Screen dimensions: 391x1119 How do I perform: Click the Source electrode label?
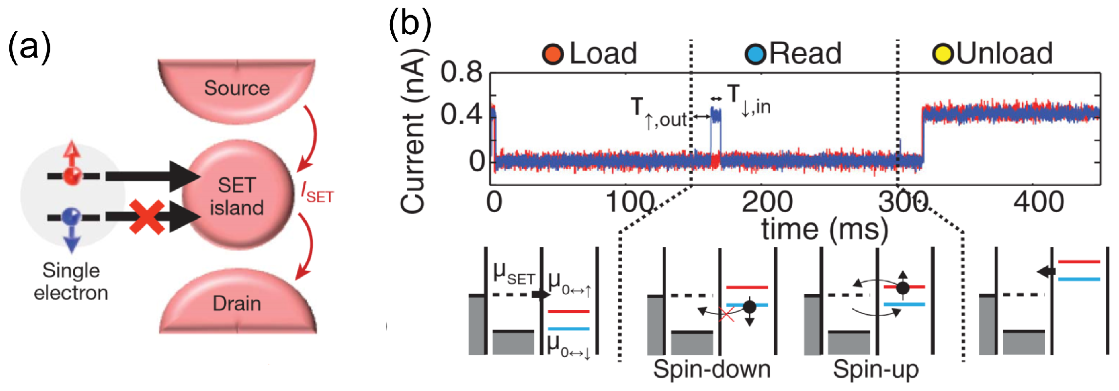point(236,88)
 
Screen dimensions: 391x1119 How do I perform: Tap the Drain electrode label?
point(236,304)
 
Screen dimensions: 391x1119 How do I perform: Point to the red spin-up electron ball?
point(73,175)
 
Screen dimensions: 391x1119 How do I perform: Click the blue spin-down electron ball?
point(72,215)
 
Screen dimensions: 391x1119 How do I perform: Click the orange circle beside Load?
point(553,54)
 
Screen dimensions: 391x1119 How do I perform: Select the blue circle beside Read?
point(756,54)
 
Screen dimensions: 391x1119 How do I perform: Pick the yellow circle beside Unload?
point(942,54)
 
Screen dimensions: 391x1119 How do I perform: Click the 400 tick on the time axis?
point(1038,202)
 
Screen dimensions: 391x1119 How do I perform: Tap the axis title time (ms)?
point(824,229)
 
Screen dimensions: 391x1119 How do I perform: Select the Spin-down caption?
point(712,369)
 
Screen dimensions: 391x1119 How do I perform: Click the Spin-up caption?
point(875,369)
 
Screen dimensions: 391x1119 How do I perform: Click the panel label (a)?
point(29,47)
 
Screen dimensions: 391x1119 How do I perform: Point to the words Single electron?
point(71,282)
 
